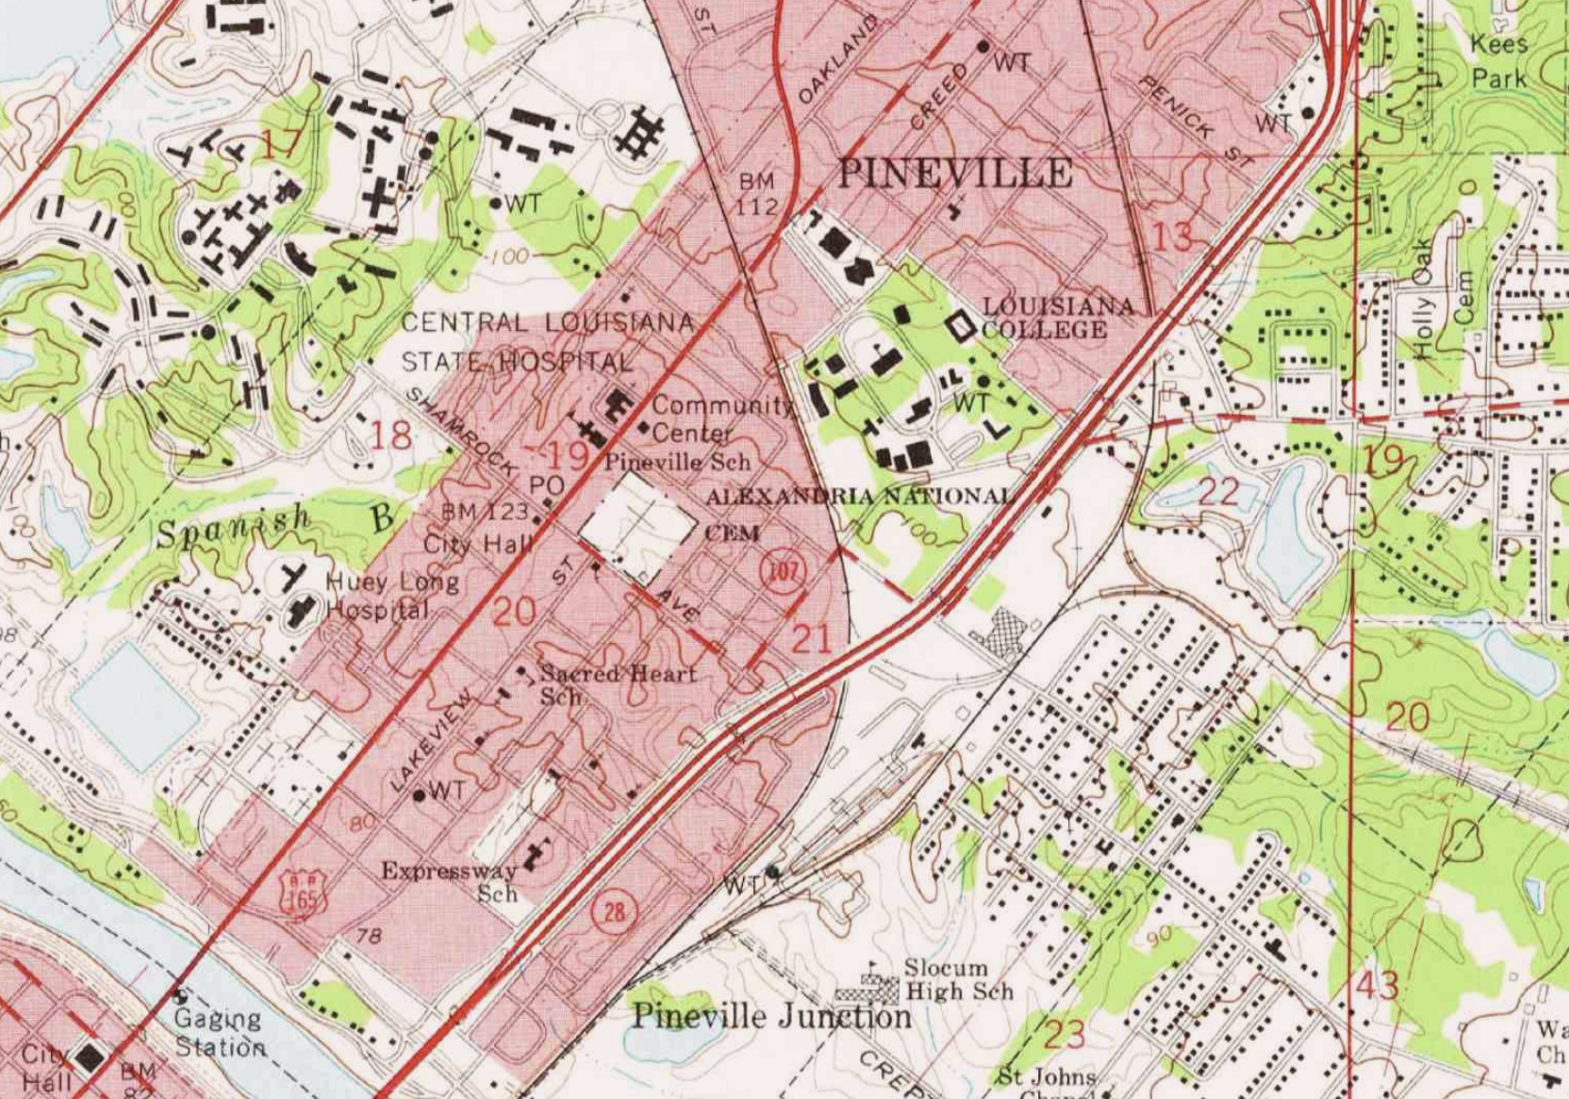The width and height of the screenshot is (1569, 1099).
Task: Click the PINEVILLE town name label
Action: pyautogui.click(x=954, y=173)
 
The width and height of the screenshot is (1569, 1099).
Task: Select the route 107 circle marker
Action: pyautogui.click(x=783, y=570)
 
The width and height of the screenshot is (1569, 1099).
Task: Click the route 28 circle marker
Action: pyautogui.click(x=614, y=911)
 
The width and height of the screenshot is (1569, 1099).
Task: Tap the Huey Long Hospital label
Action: pyautogui.click(x=389, y=596)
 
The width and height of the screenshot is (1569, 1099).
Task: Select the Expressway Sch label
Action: pyautogui.click(x=451, y=881)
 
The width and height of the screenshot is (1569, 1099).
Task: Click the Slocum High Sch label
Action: pyautogui.click(x=957, y=979)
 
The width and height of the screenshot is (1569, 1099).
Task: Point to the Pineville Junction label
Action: pyautogui.click(x=771, y=1016)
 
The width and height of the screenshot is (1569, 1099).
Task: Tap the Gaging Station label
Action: pyautogui.click(x=219, y=1033)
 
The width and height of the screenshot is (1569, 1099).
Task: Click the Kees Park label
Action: pyautogui.click(x=1499, y=60)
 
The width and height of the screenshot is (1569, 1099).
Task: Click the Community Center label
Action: pyautogui.click(x=720, y=418)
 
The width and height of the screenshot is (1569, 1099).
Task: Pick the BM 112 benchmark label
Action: pyautogui.click(x=757, y=194)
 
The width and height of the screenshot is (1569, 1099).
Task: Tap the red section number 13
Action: pyautogui.click(x=1172, y=237)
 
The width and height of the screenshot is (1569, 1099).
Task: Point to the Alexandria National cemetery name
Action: pyautogui.click(x=859, y=497)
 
